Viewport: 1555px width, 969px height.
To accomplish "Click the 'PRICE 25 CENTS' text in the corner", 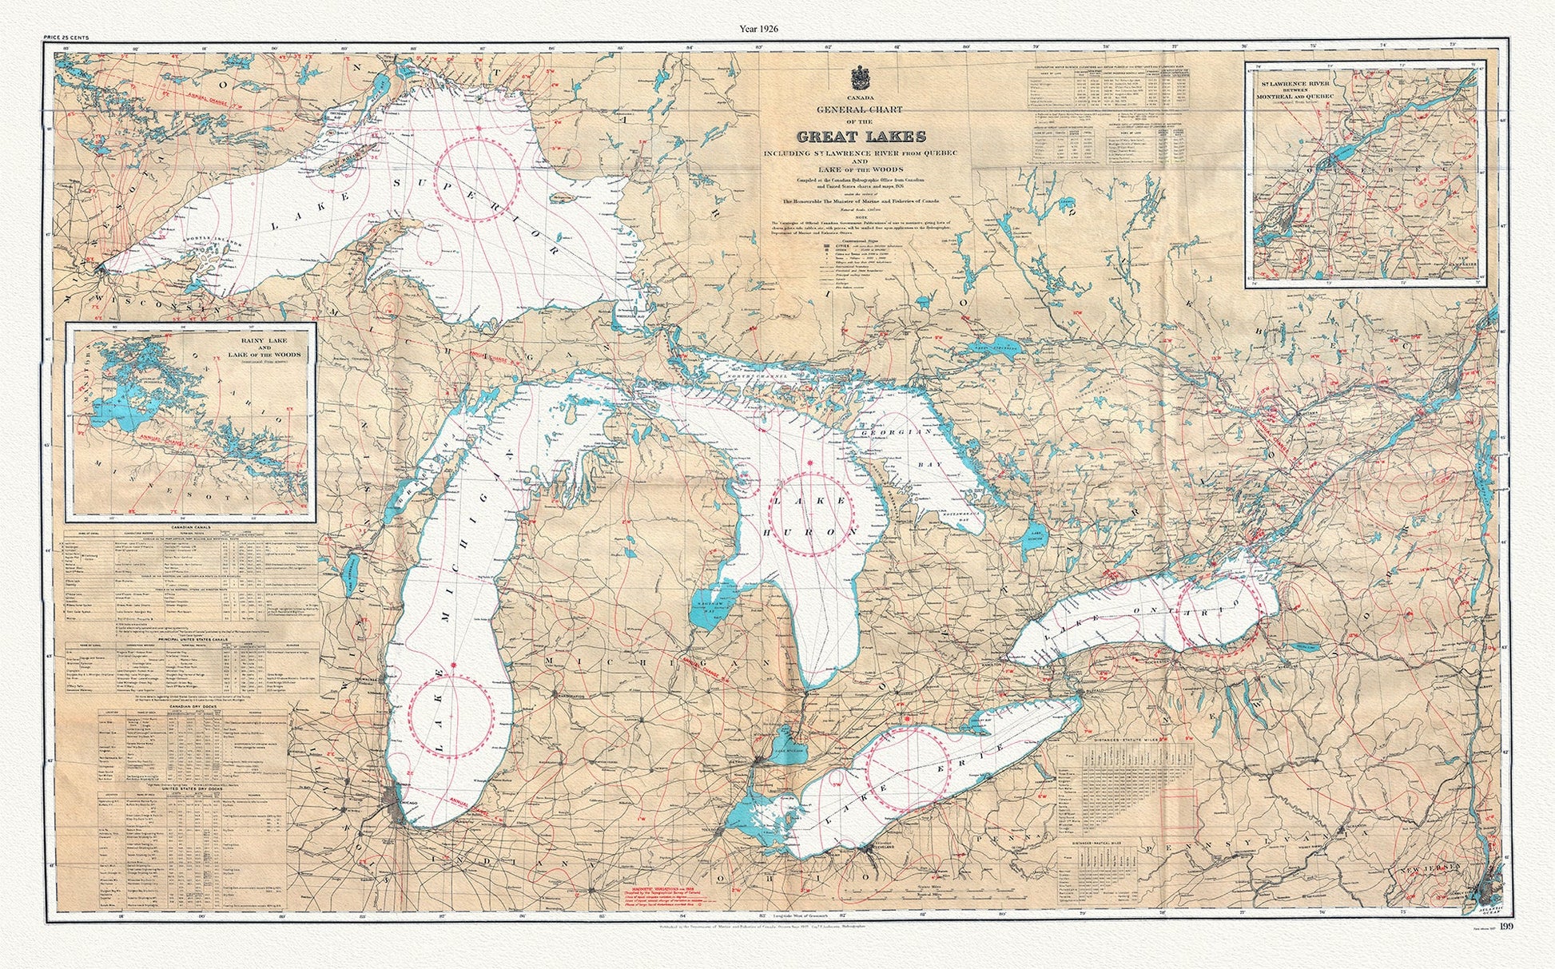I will click(x=67, y=37).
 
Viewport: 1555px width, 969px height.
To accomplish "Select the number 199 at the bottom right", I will click(x=1506, y=927).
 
